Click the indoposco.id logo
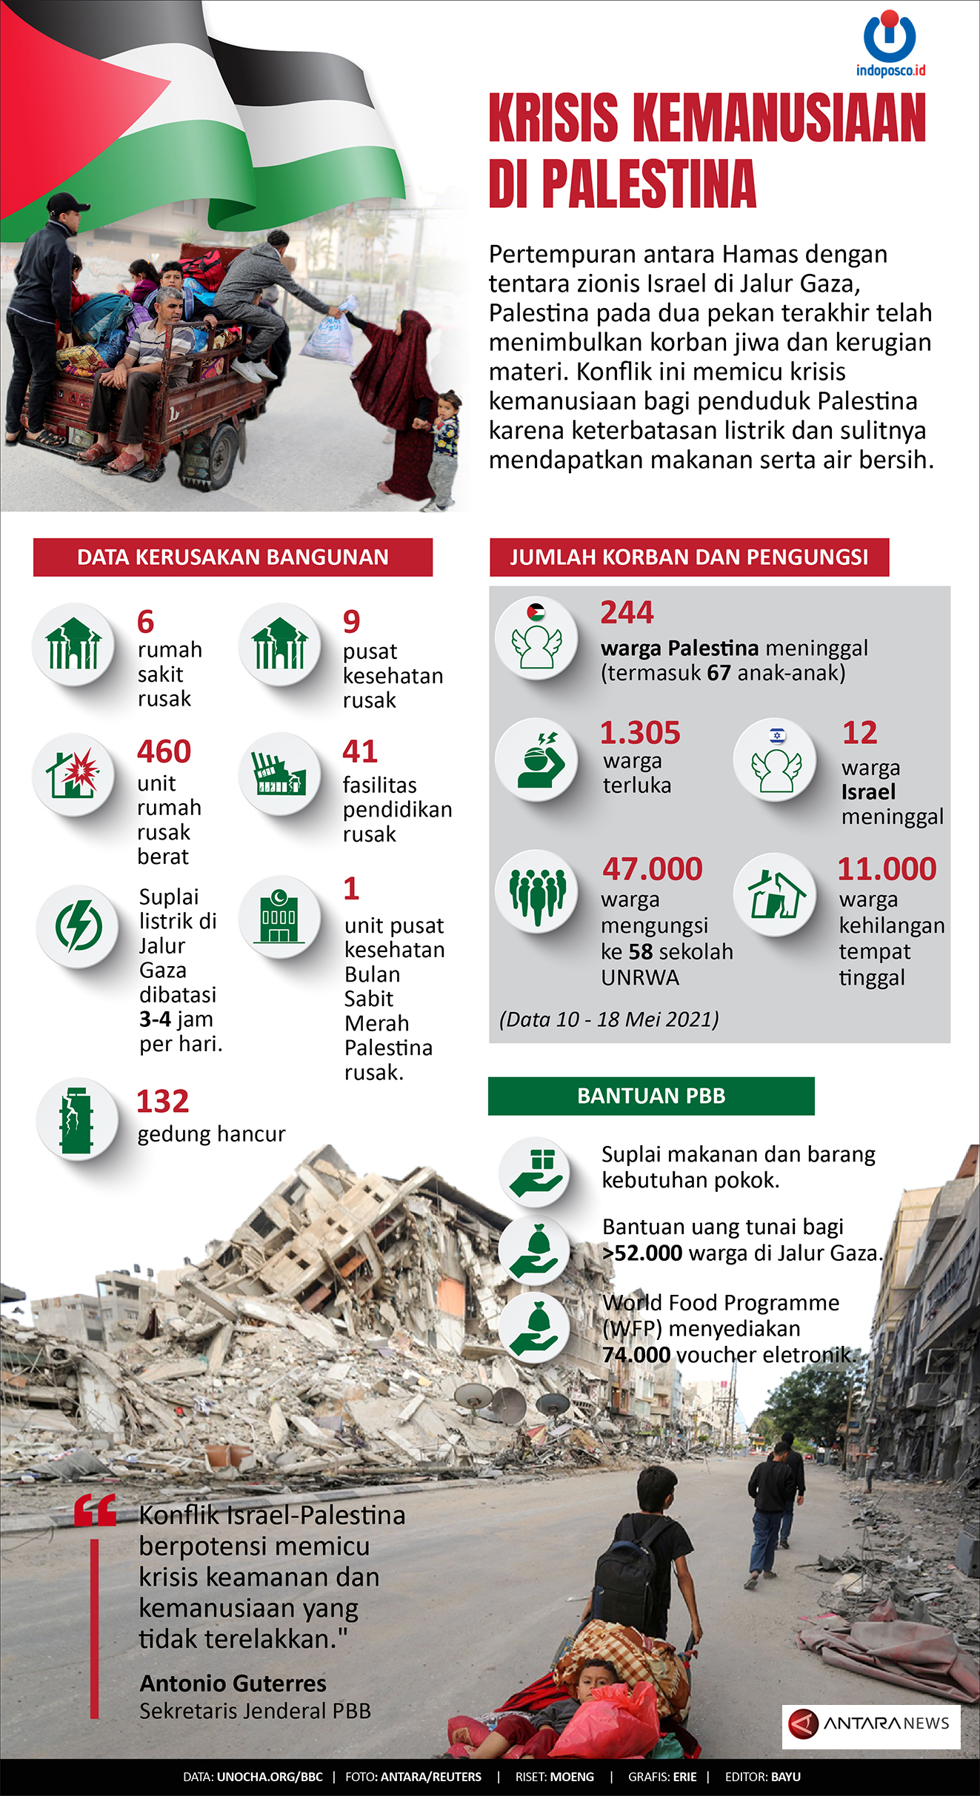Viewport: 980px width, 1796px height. pos(890,43)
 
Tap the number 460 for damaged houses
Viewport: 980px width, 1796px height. pos(164,751)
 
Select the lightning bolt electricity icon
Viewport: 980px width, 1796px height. pos(78,925)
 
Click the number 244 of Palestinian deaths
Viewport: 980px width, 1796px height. pos(627,612)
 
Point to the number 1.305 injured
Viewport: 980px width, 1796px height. pos(640,733)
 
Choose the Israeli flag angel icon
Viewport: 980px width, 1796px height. pos(775,760)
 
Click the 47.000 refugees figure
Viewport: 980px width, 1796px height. pos(652,869)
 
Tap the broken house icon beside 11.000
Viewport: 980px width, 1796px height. pos(775,895)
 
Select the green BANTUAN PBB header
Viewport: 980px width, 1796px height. pos(651,1096)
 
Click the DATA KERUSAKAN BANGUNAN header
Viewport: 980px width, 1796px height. pos(233,557)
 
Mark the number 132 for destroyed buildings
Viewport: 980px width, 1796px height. pos(162,1102)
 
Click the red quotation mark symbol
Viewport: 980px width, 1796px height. pos(95,1509)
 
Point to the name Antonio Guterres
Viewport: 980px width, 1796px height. pos(233,1683)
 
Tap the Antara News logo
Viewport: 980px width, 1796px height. pos(870,1723)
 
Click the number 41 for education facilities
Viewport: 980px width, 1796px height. pos(360,751)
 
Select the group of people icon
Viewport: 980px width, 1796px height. pos(537,892)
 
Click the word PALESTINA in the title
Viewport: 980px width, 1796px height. pos(649,184)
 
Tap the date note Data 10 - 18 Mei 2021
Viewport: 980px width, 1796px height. pos(609,1019)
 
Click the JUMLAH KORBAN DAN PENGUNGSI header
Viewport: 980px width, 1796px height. pos(689,557)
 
